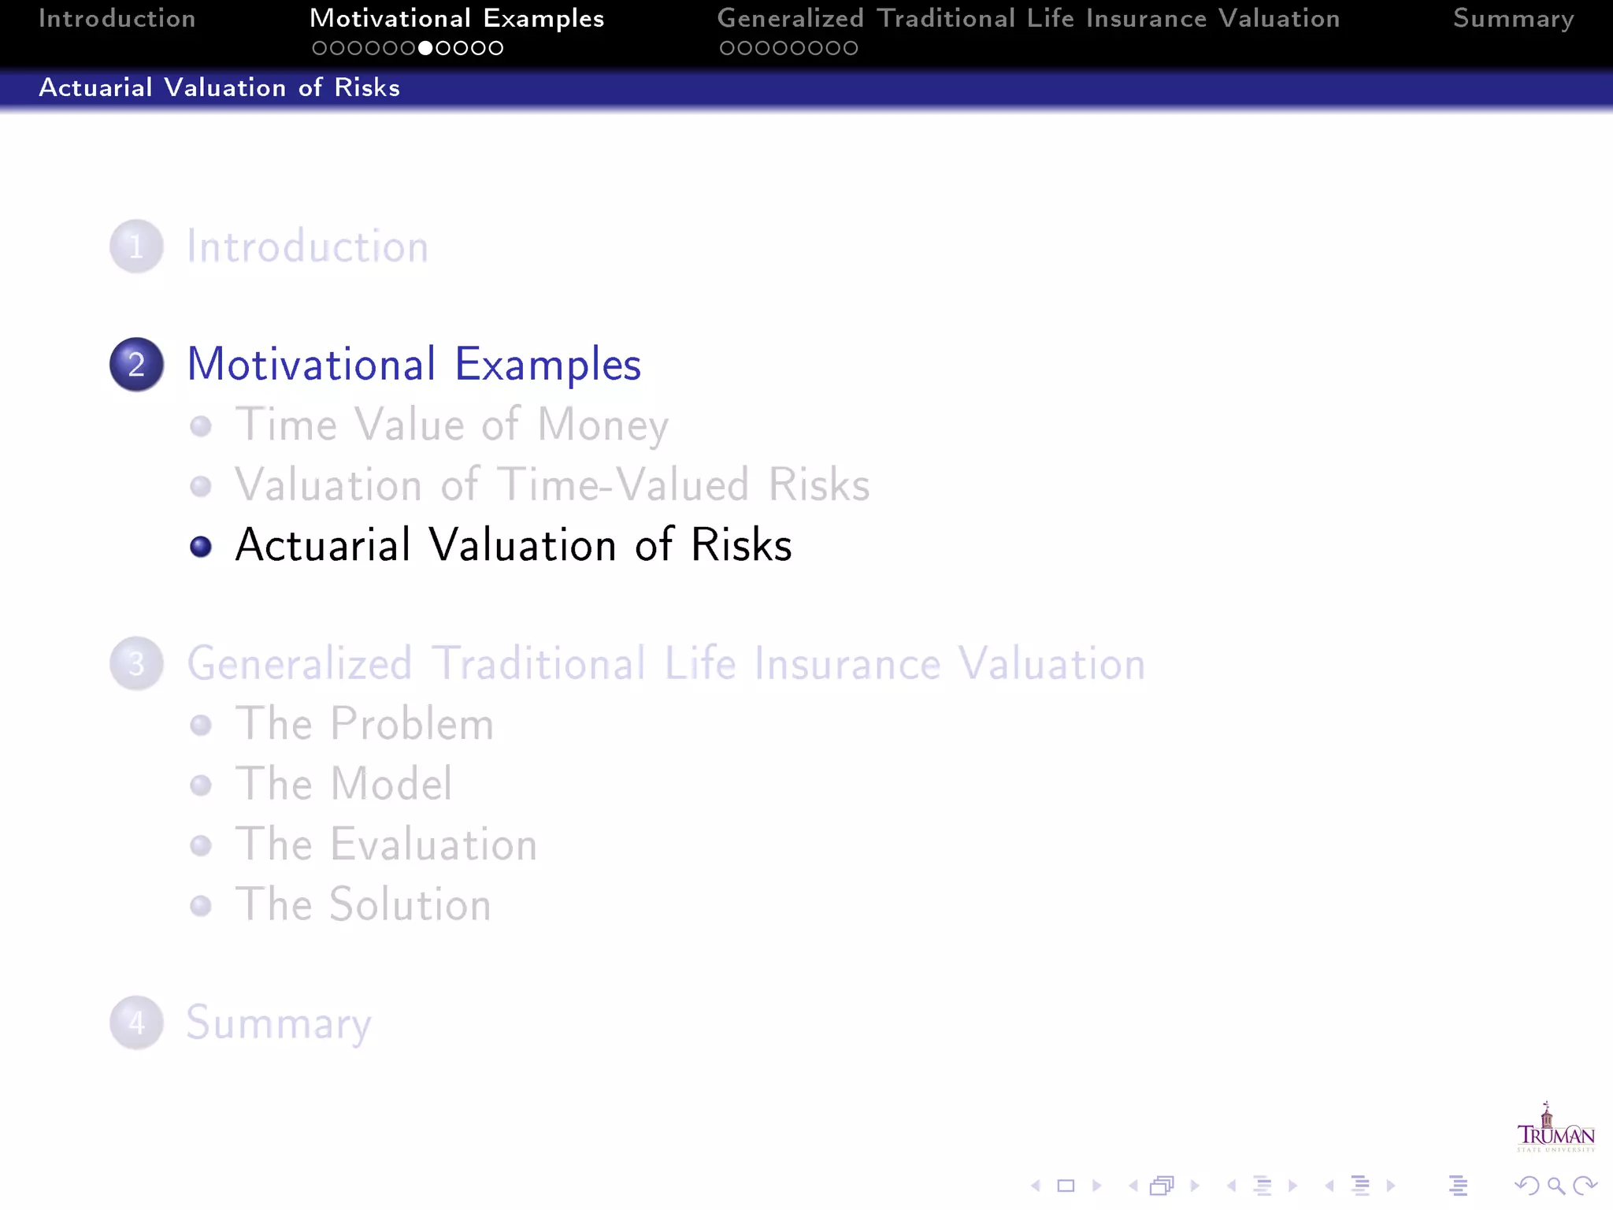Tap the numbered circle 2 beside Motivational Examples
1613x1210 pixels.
pyautogui.click(x=136, y=365)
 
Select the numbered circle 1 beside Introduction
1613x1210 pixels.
pyautogui.click(x=136, y=247)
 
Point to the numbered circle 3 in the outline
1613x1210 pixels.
pyautogui.click(x=136, y=663)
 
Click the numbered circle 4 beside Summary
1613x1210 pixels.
pyautogui.click(x=136, y=1023)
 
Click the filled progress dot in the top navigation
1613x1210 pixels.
pyautogui.click(x=425, y=48)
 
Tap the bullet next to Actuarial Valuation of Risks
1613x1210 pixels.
pyautogui.click(x=201, y=546)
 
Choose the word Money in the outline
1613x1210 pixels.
pyautogui.click(x=603, y=425)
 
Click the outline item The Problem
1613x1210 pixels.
pyautogui.click(x=364, y=724)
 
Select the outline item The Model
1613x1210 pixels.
pyautogui.click(x=343, y=784)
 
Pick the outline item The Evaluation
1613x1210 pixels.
pyautogui.click(x=386, y=844)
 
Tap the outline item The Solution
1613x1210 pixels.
pyautogui.click(x=362, y=904)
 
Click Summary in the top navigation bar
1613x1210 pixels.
pyautogui.click(x=1513, y=18)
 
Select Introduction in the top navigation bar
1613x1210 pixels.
pyautogui.click(x=117, y=18)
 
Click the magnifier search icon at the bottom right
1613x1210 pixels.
pyautogui.click(x=1556, y=1186)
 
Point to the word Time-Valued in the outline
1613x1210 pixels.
pyautogui.click(x=623, y=485)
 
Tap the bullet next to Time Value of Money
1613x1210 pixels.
pyautogui.click(x=201, y=426)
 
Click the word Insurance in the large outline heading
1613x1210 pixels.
pyautogui.click(x=847, y=663)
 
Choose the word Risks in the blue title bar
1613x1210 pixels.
pyautogui.click(x=366, y=87)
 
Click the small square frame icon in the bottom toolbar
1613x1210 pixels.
pyautogui.click(x=1066, y=1186)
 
